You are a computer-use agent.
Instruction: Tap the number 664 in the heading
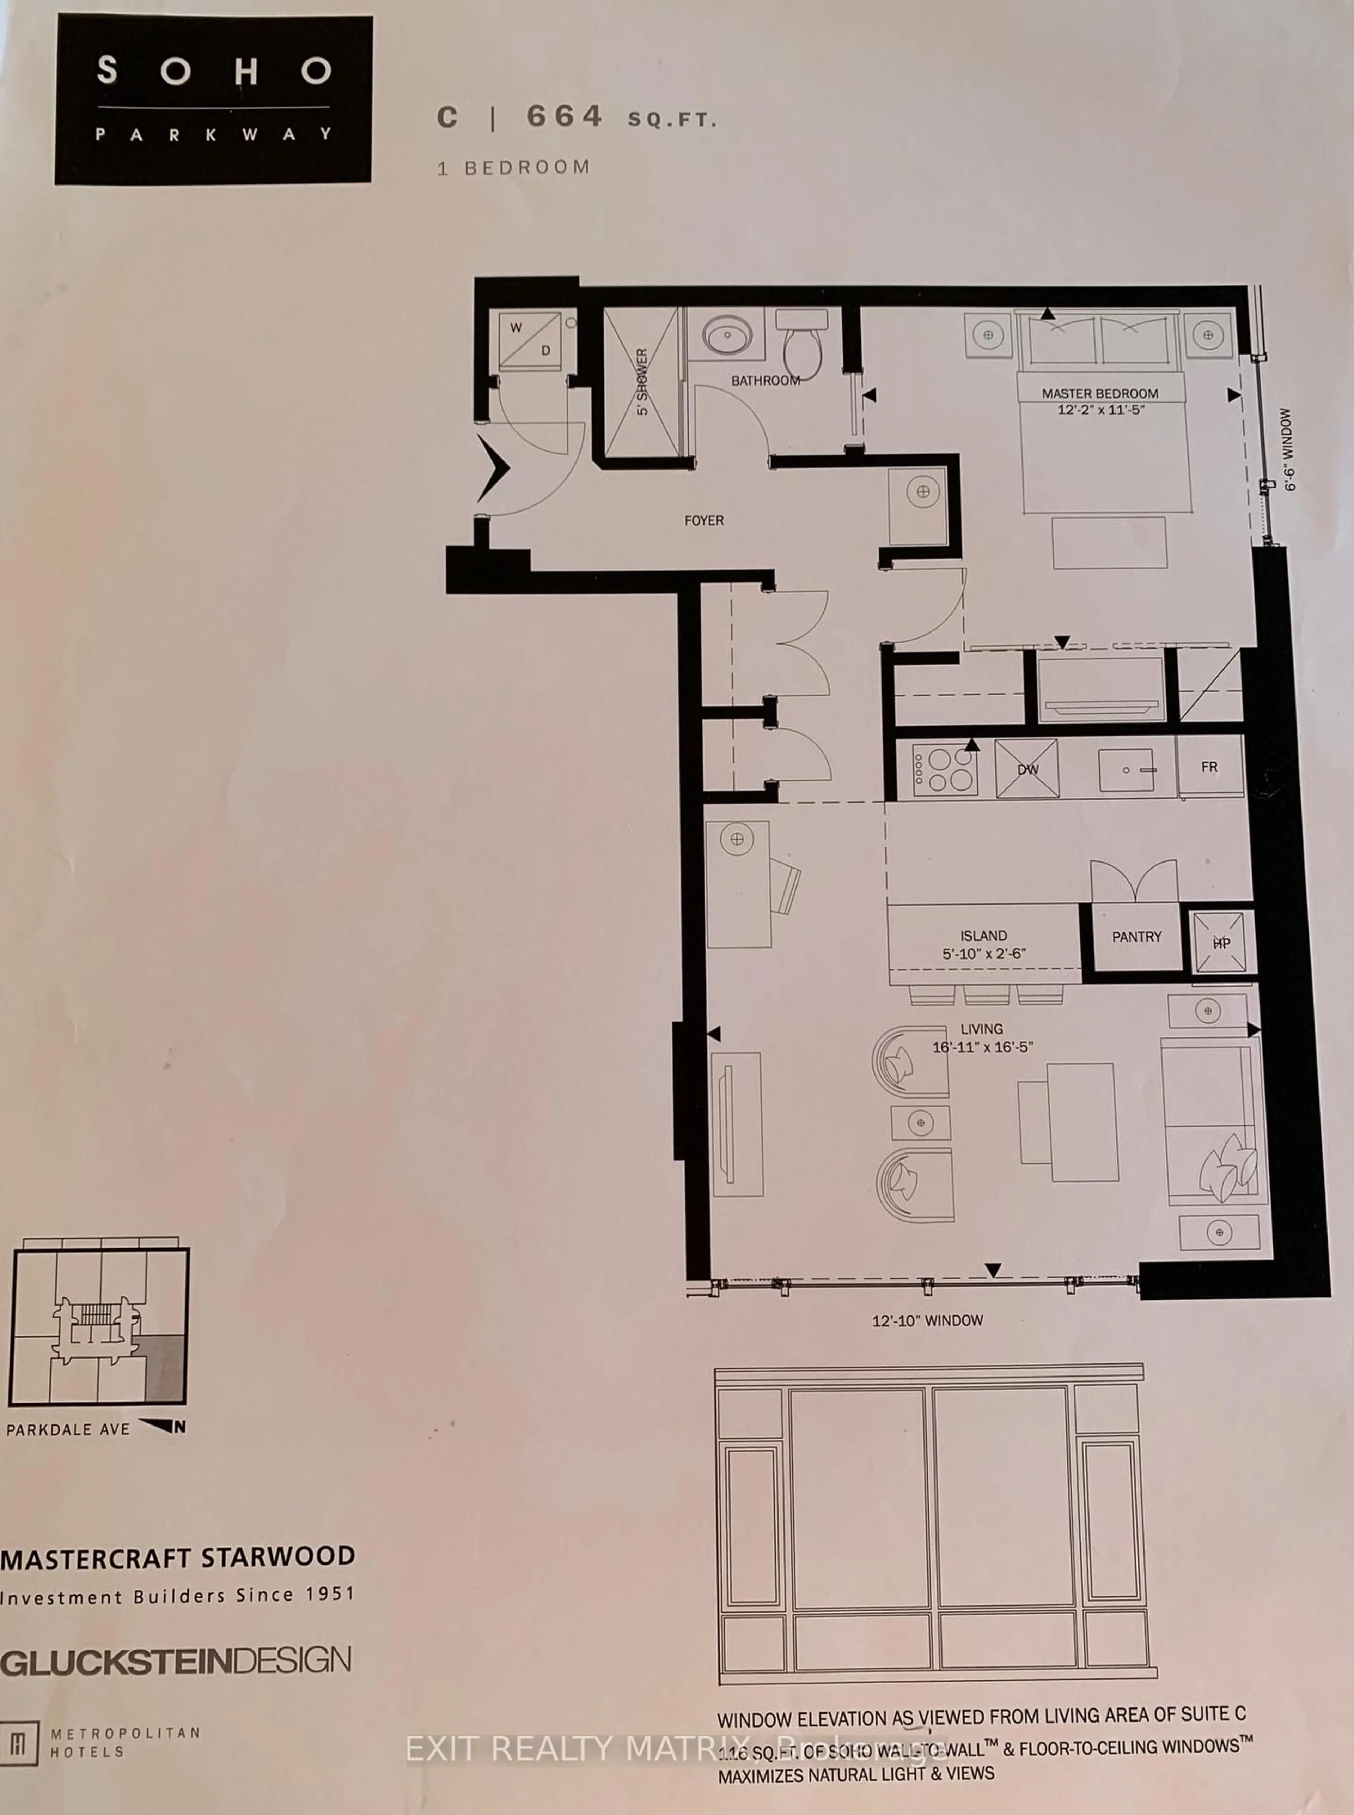coord(564,116)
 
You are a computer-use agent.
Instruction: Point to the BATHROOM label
coord(765,380)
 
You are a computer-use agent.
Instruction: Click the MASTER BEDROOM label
coord(1100,393)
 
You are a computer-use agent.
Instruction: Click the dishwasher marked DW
coord(1027,769)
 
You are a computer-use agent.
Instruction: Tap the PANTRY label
coord(1136,936)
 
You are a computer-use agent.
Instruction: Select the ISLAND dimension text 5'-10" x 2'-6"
coord(983,954)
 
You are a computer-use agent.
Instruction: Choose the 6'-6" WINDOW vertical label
coord(1290,449)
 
